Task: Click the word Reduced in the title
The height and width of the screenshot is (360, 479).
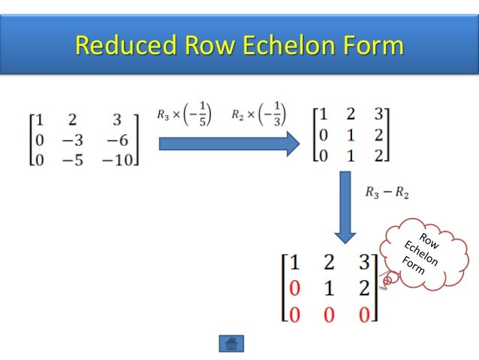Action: [x=123, y=46]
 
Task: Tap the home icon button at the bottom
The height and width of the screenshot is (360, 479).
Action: [x=231, y=343]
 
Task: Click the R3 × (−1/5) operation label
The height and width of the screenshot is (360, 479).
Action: [x=182, y=114]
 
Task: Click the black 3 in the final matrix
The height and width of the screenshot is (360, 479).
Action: [x=363, y=263]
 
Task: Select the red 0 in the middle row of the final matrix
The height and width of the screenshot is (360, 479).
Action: [x=294, y=287]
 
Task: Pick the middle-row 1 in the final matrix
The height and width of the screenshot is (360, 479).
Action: [x=329, y=287]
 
